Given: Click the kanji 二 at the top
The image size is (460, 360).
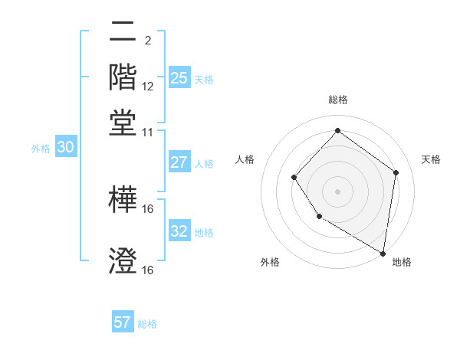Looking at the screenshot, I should tap(123, 32).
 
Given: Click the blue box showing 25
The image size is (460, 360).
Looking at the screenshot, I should tap(179, 78).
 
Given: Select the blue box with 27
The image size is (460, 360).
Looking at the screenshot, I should tap(179, 162).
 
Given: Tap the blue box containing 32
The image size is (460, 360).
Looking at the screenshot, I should tap(179, 231).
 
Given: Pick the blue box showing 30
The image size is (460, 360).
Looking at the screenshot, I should tap(65, 148).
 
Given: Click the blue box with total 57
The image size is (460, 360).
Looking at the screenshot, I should tap(123, 322).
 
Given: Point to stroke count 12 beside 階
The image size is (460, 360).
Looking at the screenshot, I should tap(148, 87).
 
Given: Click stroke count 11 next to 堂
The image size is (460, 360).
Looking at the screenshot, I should tap(148, 132).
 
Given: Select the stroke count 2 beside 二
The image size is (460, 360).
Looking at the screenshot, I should tap(147, 39).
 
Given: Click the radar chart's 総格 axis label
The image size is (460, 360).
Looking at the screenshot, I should tap(337, 100).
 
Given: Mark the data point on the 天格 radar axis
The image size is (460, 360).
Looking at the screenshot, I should tap(396, 172).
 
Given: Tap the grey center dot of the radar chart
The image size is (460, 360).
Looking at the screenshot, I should tap(337, 191).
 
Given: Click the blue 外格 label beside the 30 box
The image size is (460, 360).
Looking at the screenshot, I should tap(40, 149).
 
